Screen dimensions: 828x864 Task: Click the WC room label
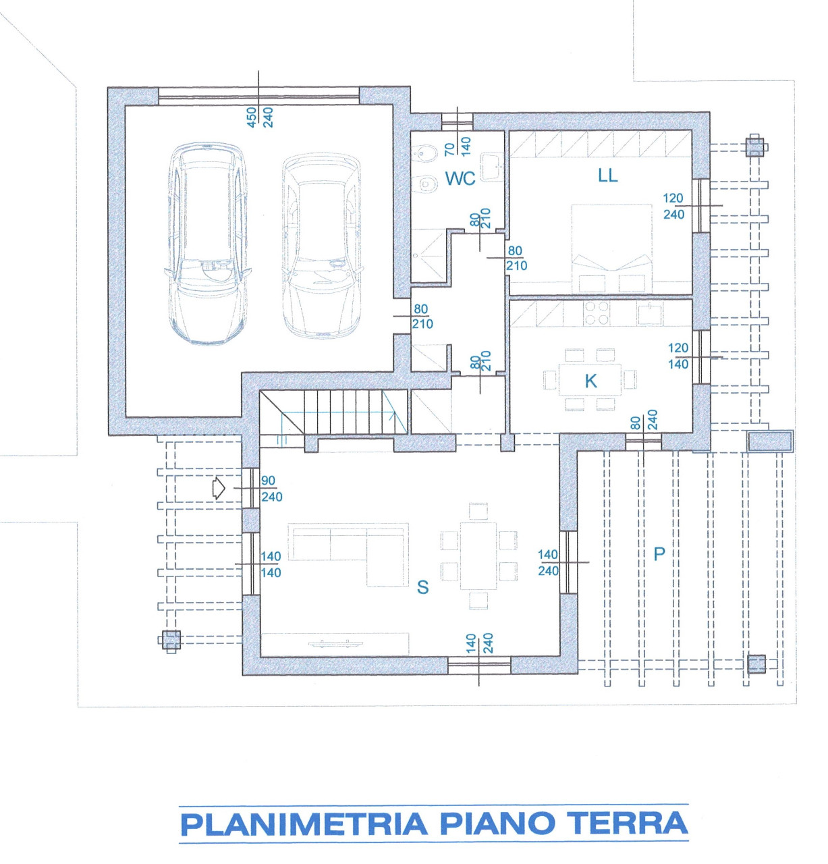460,178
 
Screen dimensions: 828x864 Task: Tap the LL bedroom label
608,175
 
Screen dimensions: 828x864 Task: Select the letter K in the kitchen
591,381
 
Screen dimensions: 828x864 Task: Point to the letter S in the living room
422,587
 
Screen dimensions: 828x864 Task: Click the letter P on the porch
659,553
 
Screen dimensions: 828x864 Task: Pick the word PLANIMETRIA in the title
304,824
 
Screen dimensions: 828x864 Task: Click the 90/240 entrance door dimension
271,489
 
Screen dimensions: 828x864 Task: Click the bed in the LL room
612,248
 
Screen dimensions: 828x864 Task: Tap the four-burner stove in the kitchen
597,313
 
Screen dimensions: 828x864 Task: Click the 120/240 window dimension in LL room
673,206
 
